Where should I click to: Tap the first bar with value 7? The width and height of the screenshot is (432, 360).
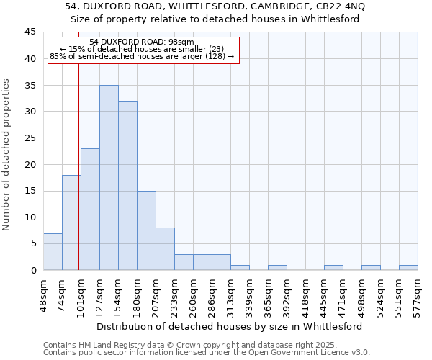click(53, 251)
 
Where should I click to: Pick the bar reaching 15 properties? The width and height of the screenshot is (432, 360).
click(146, 230)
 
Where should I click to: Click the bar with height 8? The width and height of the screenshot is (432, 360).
click(165, 248)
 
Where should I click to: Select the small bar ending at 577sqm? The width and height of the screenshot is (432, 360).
click(408, 267)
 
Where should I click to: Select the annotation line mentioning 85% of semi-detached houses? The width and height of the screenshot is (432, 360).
click(143, 56)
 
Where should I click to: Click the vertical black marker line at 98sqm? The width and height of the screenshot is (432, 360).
click(78, 180)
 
